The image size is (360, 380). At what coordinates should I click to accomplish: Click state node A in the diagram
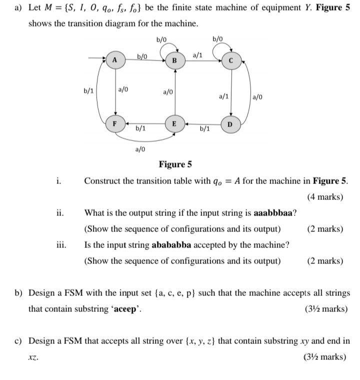[x=114, y=60]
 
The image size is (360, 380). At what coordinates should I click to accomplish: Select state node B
[x=174, y=60]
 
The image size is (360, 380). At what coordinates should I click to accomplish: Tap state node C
[x=230, y=60]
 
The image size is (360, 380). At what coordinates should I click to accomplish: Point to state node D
[x=230, y=124]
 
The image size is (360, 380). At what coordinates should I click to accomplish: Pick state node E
[x=174, y=123]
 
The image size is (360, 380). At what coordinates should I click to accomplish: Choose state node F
[x=114, y=123]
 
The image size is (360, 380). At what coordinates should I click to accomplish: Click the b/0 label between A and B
[x=142, y=56]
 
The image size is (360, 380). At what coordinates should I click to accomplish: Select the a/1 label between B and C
[x=197, y=55]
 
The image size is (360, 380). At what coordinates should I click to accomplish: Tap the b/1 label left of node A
[x=88, y=91]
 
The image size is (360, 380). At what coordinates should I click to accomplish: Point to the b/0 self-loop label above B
[x=161, y=39]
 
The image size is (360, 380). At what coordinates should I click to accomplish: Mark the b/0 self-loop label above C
[x=217, y=39]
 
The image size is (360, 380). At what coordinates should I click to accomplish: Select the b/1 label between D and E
[x=204, y=128]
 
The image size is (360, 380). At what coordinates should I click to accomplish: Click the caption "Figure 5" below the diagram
[x=175, y=164]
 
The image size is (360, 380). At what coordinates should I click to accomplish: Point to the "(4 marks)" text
[x=325, y=196]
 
